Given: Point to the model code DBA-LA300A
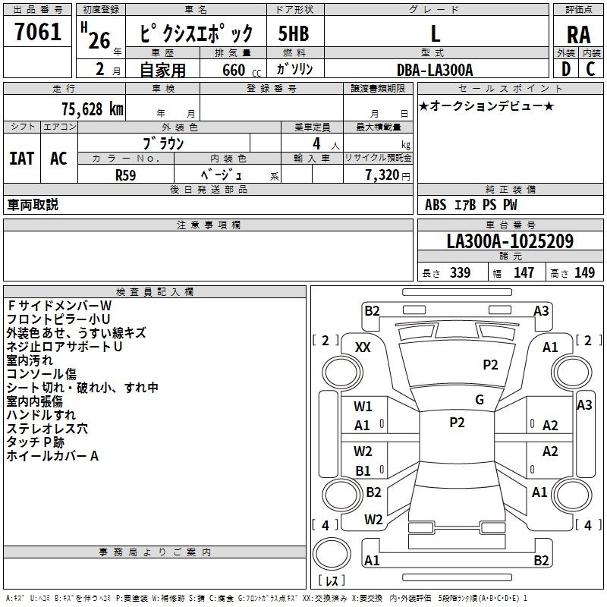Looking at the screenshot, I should pos(435,70).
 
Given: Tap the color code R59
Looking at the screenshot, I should pos(125,173).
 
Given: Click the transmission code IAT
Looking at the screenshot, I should pos(21,159).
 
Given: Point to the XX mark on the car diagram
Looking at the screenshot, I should pos(363,347).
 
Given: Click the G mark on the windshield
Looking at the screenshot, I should pos(480,400).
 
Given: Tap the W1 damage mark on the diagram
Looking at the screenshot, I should pos(363,406).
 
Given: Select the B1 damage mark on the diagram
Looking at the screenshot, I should pos(363,471).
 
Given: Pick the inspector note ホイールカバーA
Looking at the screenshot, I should pos(52,456).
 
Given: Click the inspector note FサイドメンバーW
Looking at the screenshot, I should pos(59,305).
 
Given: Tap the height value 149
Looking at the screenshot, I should pos(584,273).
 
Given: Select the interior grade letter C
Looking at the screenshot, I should pos(590,70).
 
